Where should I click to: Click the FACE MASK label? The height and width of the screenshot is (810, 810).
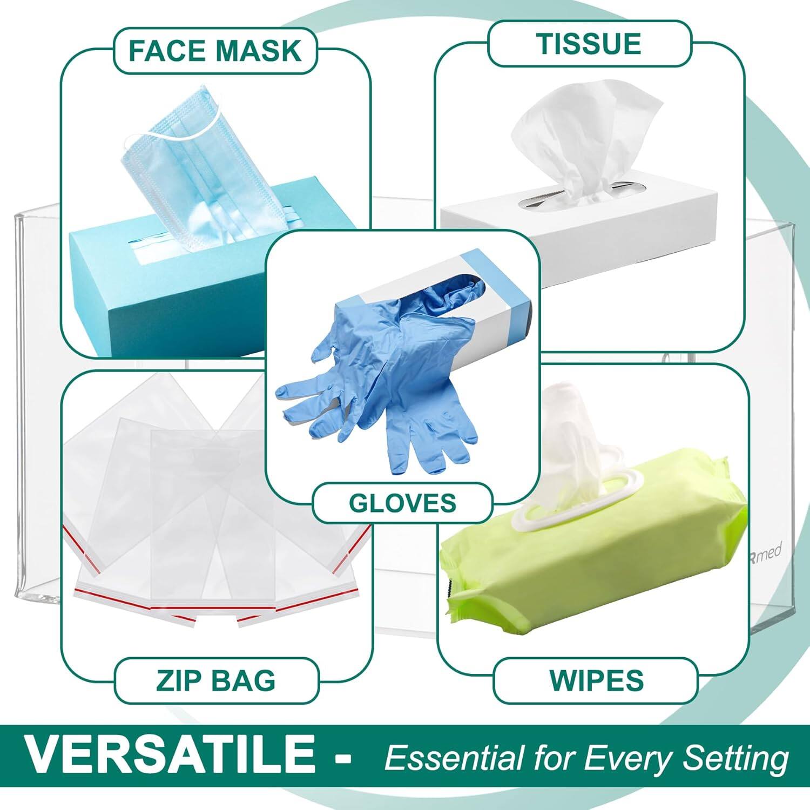(214, 50)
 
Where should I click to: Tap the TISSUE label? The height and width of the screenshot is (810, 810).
(589, 43)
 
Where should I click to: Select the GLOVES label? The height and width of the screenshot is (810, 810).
(402, 503)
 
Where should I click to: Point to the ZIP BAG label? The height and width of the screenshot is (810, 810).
(216, 680)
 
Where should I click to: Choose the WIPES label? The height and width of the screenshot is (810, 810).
(597, 680)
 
